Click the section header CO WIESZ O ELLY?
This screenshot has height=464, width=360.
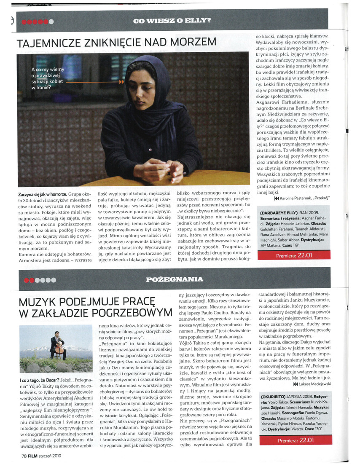pos(172,20)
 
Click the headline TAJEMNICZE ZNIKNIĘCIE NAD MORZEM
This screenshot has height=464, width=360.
pos(116,42)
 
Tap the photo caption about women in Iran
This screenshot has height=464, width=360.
pos(48,78)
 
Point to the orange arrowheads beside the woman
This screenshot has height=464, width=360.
pos(122,83)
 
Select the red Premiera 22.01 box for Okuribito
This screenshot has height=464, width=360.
pos(295,440)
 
